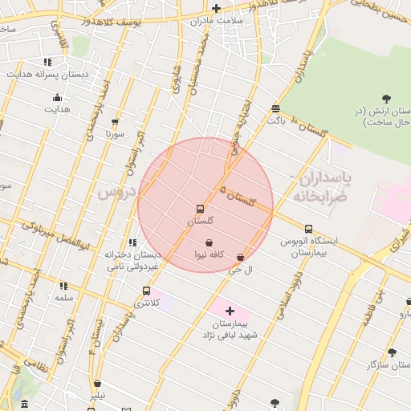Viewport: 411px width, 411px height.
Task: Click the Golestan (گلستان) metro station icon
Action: click(201, 209)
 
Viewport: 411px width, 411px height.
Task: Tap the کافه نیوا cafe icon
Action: click(209, 242)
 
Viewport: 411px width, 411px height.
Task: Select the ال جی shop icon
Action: click(240, 258)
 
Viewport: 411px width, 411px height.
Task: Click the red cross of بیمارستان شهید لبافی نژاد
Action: click(230, 310)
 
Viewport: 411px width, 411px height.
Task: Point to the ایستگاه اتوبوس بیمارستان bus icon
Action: click(309, 229)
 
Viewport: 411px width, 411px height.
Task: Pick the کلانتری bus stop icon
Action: click(146, 291)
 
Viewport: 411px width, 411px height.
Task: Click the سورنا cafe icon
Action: click(115, 122)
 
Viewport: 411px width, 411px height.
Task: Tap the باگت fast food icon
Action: click(276, 108)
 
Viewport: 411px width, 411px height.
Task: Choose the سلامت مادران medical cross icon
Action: click(216, 8)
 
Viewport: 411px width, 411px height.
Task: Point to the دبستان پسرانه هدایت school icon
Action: click(47, 62)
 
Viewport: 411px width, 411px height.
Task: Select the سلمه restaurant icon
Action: click(63, 286)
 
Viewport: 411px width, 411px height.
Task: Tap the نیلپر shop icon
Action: click(97, 384)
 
